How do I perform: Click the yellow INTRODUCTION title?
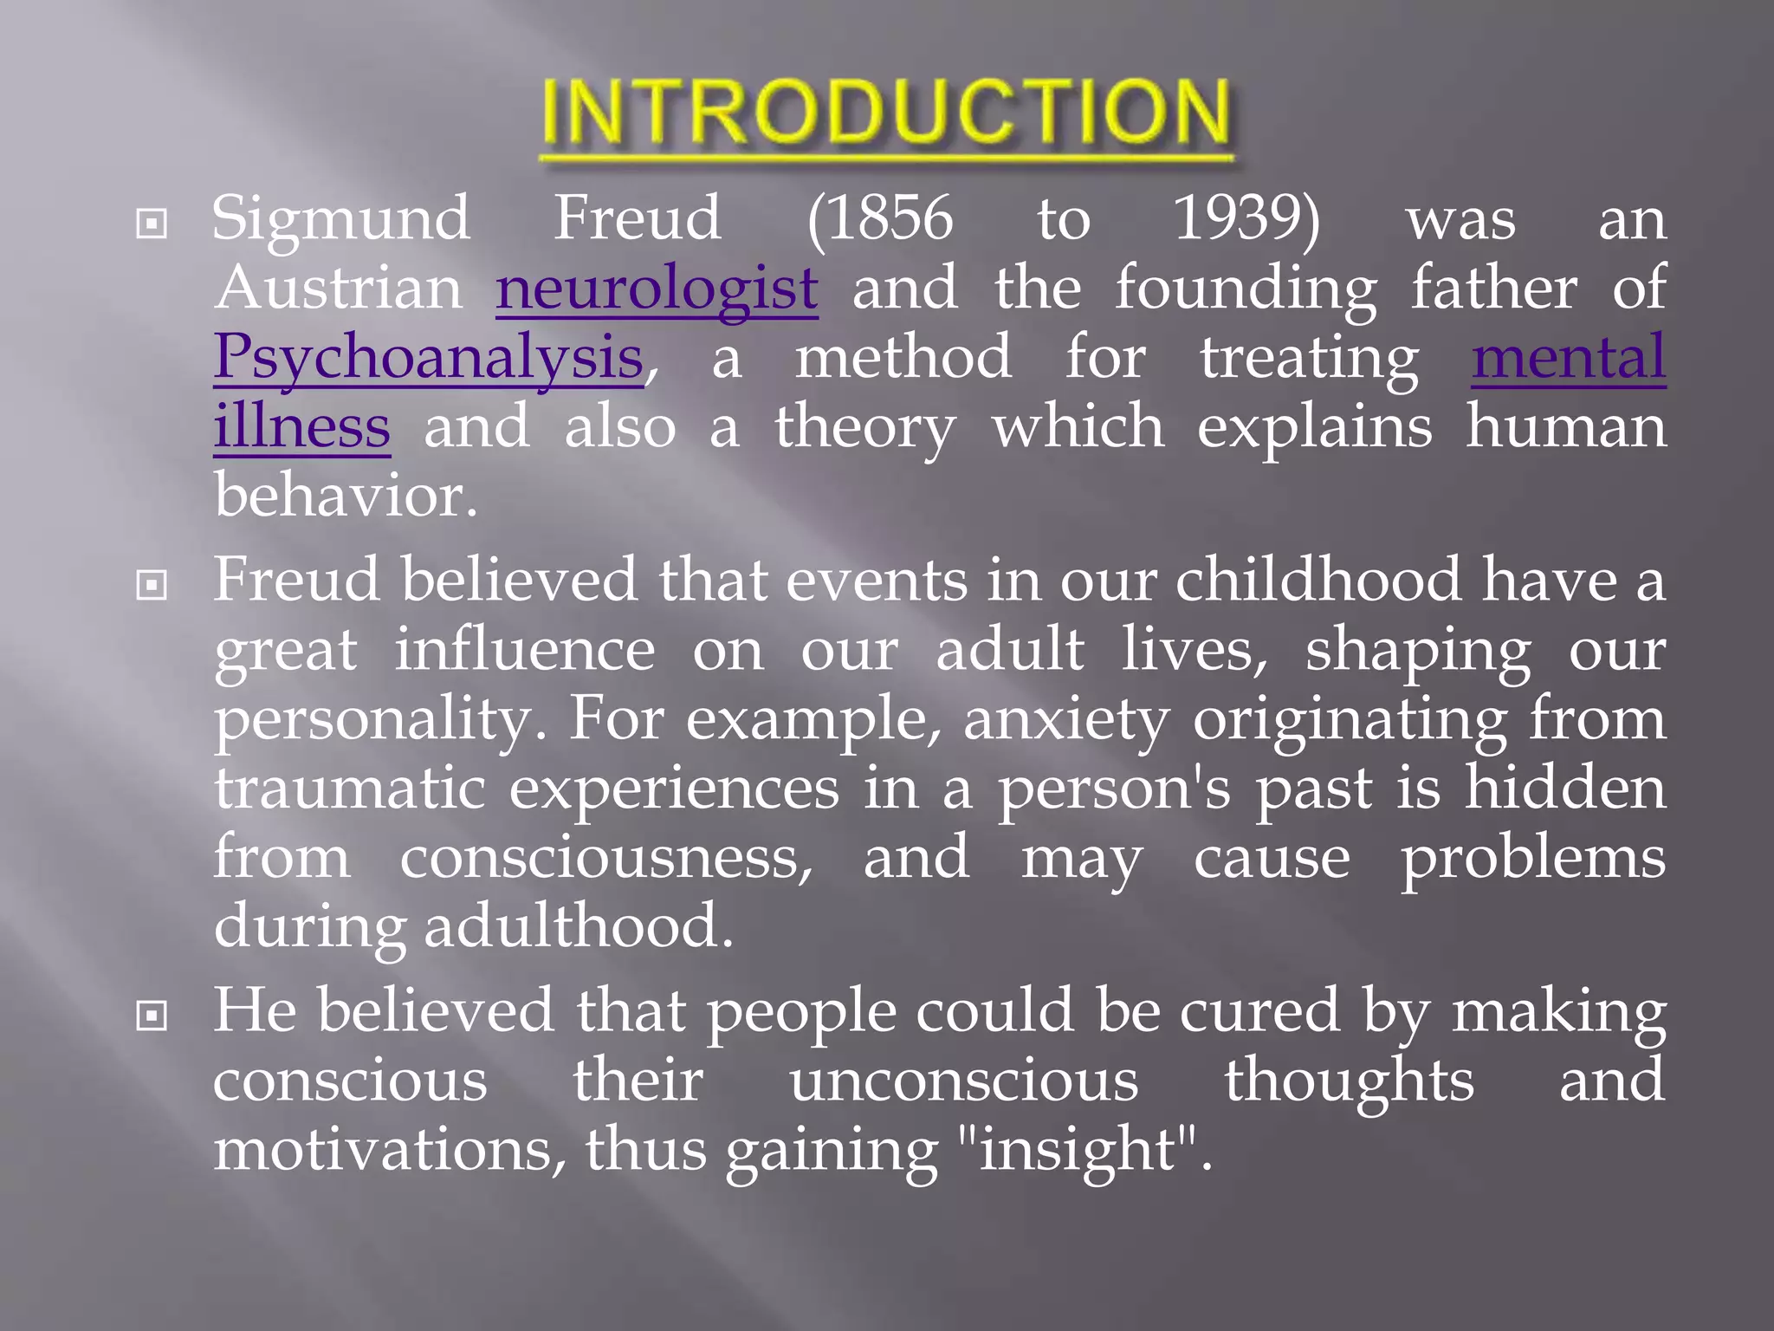(x=885, y=113)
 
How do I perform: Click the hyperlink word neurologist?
(x=657, y=289)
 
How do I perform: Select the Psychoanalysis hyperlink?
(x=429, y=358)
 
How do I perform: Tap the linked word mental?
(x=1568, y=358)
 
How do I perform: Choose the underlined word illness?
(x=301, y=427)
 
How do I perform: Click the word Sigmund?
(x=341, y=219)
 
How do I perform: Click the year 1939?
(x=1239, y=218)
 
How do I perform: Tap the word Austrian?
(x=339, y=289)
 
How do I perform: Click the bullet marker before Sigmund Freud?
(x=152, y=224)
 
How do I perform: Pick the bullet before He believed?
(x=152, y=1016)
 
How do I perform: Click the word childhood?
(x=1318, y=580)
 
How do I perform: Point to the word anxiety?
(x=1066, y=720)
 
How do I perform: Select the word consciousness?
(x=605, y=858)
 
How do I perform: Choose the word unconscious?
(x=963, y=1081)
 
